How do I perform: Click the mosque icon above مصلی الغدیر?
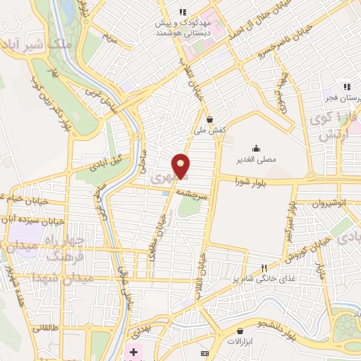click(x=255, y=148)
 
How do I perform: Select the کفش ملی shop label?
click(x=210, y=130)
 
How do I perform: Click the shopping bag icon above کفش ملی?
click(x=209, y=119)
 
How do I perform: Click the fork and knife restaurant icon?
click(x=264, y=268)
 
